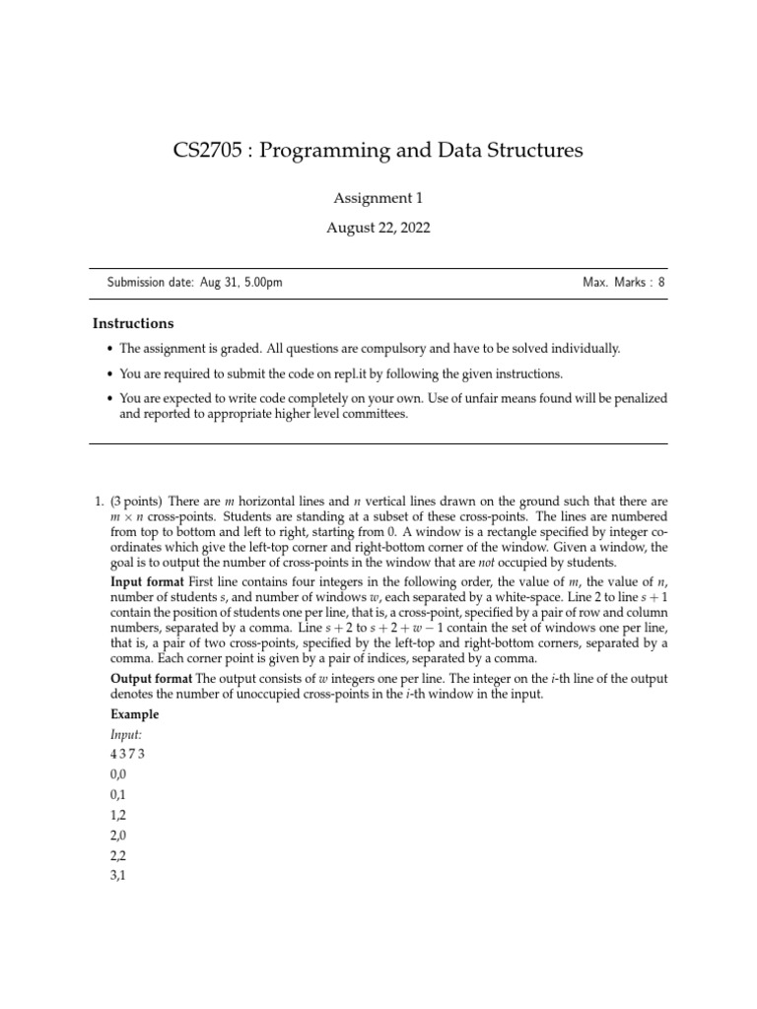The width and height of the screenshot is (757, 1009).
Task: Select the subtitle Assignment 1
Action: tap(378, 198)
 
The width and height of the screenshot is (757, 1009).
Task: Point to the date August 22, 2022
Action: tap(378, 227)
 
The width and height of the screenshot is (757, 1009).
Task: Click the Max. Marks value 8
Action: tap(662, 283)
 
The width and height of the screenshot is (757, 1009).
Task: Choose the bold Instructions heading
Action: tap(133, 323)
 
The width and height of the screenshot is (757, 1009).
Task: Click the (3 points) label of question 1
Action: tap(138, 502)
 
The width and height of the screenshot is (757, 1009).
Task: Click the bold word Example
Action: tap(134, 714)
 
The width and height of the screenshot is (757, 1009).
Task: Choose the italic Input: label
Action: tap(126, 735)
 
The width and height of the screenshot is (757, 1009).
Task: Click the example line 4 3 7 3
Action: tap(128, 755)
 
